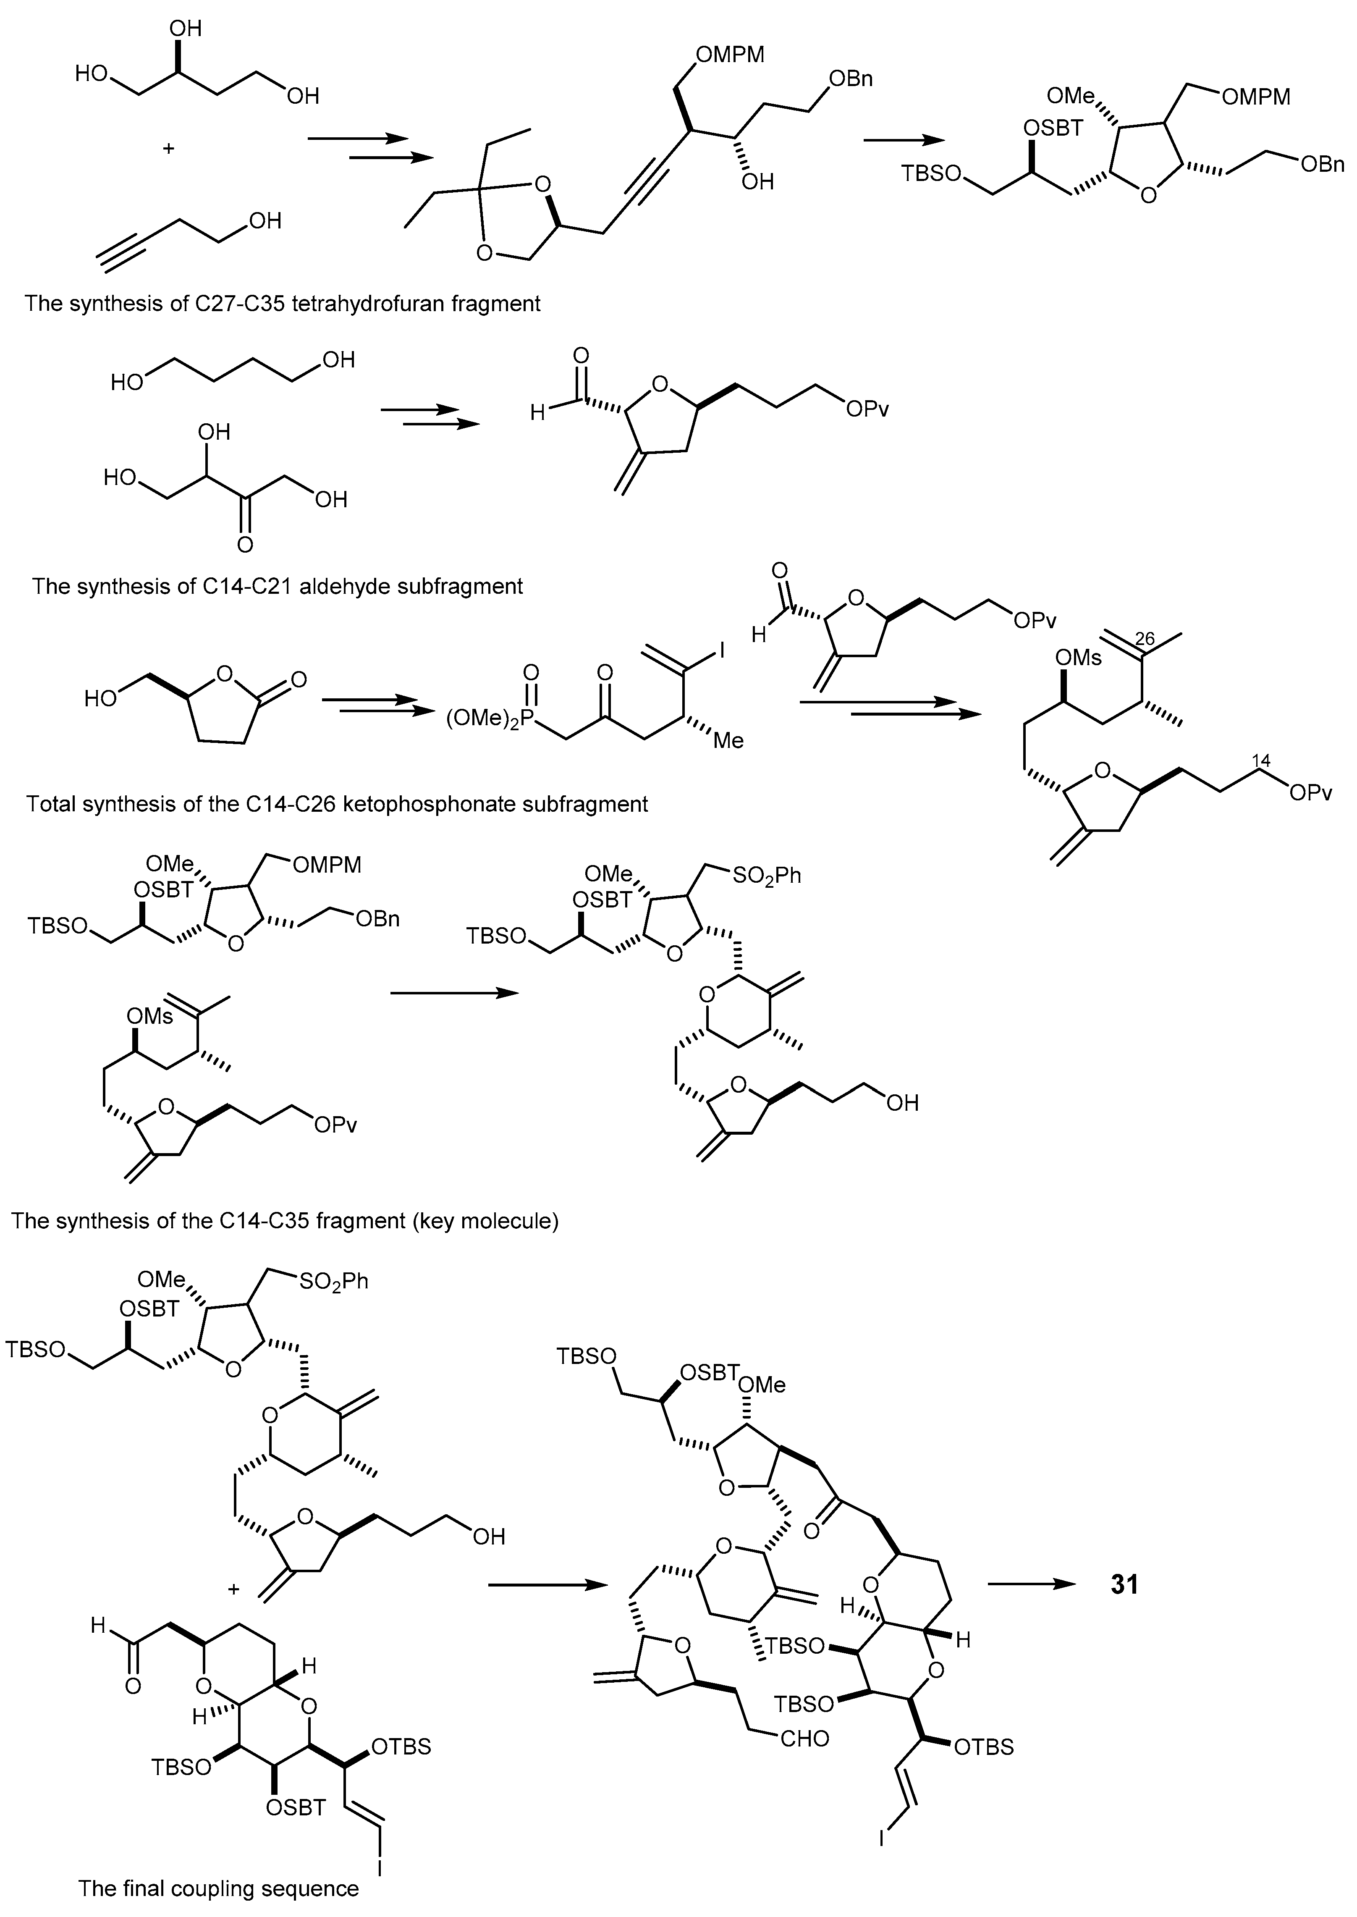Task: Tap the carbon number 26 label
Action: tap(1145, 638)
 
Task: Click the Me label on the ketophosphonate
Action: tap(728, 740)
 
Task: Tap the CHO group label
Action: tap(805, 1739)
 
